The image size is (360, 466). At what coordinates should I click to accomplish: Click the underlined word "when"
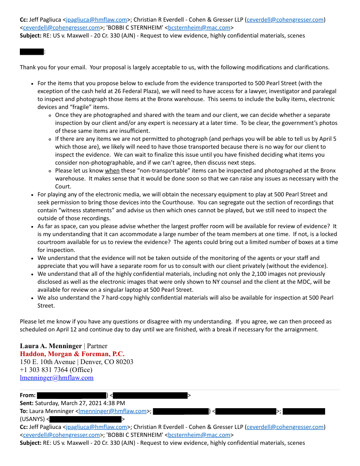tap(112, 171)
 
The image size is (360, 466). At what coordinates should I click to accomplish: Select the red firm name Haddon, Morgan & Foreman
tap(72, 354)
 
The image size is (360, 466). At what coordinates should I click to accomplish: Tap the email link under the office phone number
tap(56, 378)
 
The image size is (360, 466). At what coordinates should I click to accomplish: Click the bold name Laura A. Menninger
tap(51, 346)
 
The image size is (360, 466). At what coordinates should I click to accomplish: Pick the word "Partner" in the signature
tap(97, 346)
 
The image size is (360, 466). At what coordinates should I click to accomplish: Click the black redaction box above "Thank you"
tap(31, 52)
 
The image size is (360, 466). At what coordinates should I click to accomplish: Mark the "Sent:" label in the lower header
tap(26, 403)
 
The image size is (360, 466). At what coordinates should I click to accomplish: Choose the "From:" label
tap(28, 395)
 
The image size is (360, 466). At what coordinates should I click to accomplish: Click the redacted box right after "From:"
tap(71, 395)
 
